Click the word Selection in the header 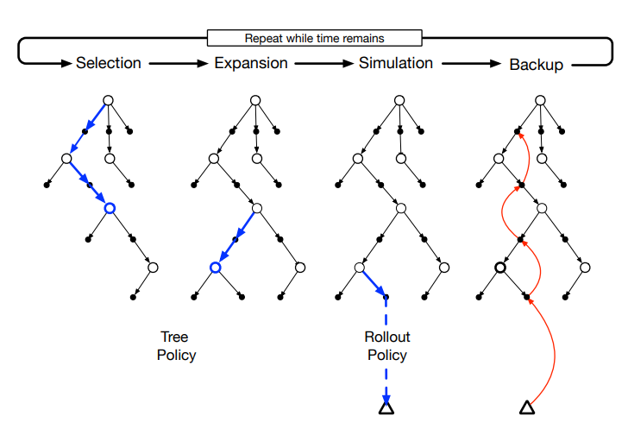pyautogui.click(x=108, y=64)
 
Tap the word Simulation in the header pyautogui.click(x=396, y=64)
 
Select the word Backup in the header pyautogui.click(x=536, y=65)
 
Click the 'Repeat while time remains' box pyautogui.click(x=314, y=38)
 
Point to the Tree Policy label pyautogui.click(x=176, y=346)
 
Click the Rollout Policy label pyautogui.click(x=386, y=346)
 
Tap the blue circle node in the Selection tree pyautogui.click(x=109, y=207)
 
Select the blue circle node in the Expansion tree pyautogui.click(x=215, y=268)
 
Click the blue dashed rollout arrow pyautogui.click(x=386, y=345)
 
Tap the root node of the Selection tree pyautogui.click(x=109, y=100)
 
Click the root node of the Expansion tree pyautogui.click(x=254, y=100)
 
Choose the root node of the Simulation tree pyautogui.click(x=399, y=100)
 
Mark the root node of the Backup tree pyautogui.click(x=541, y=100)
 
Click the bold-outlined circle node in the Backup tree pyautogui.click(x=499, y=268)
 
